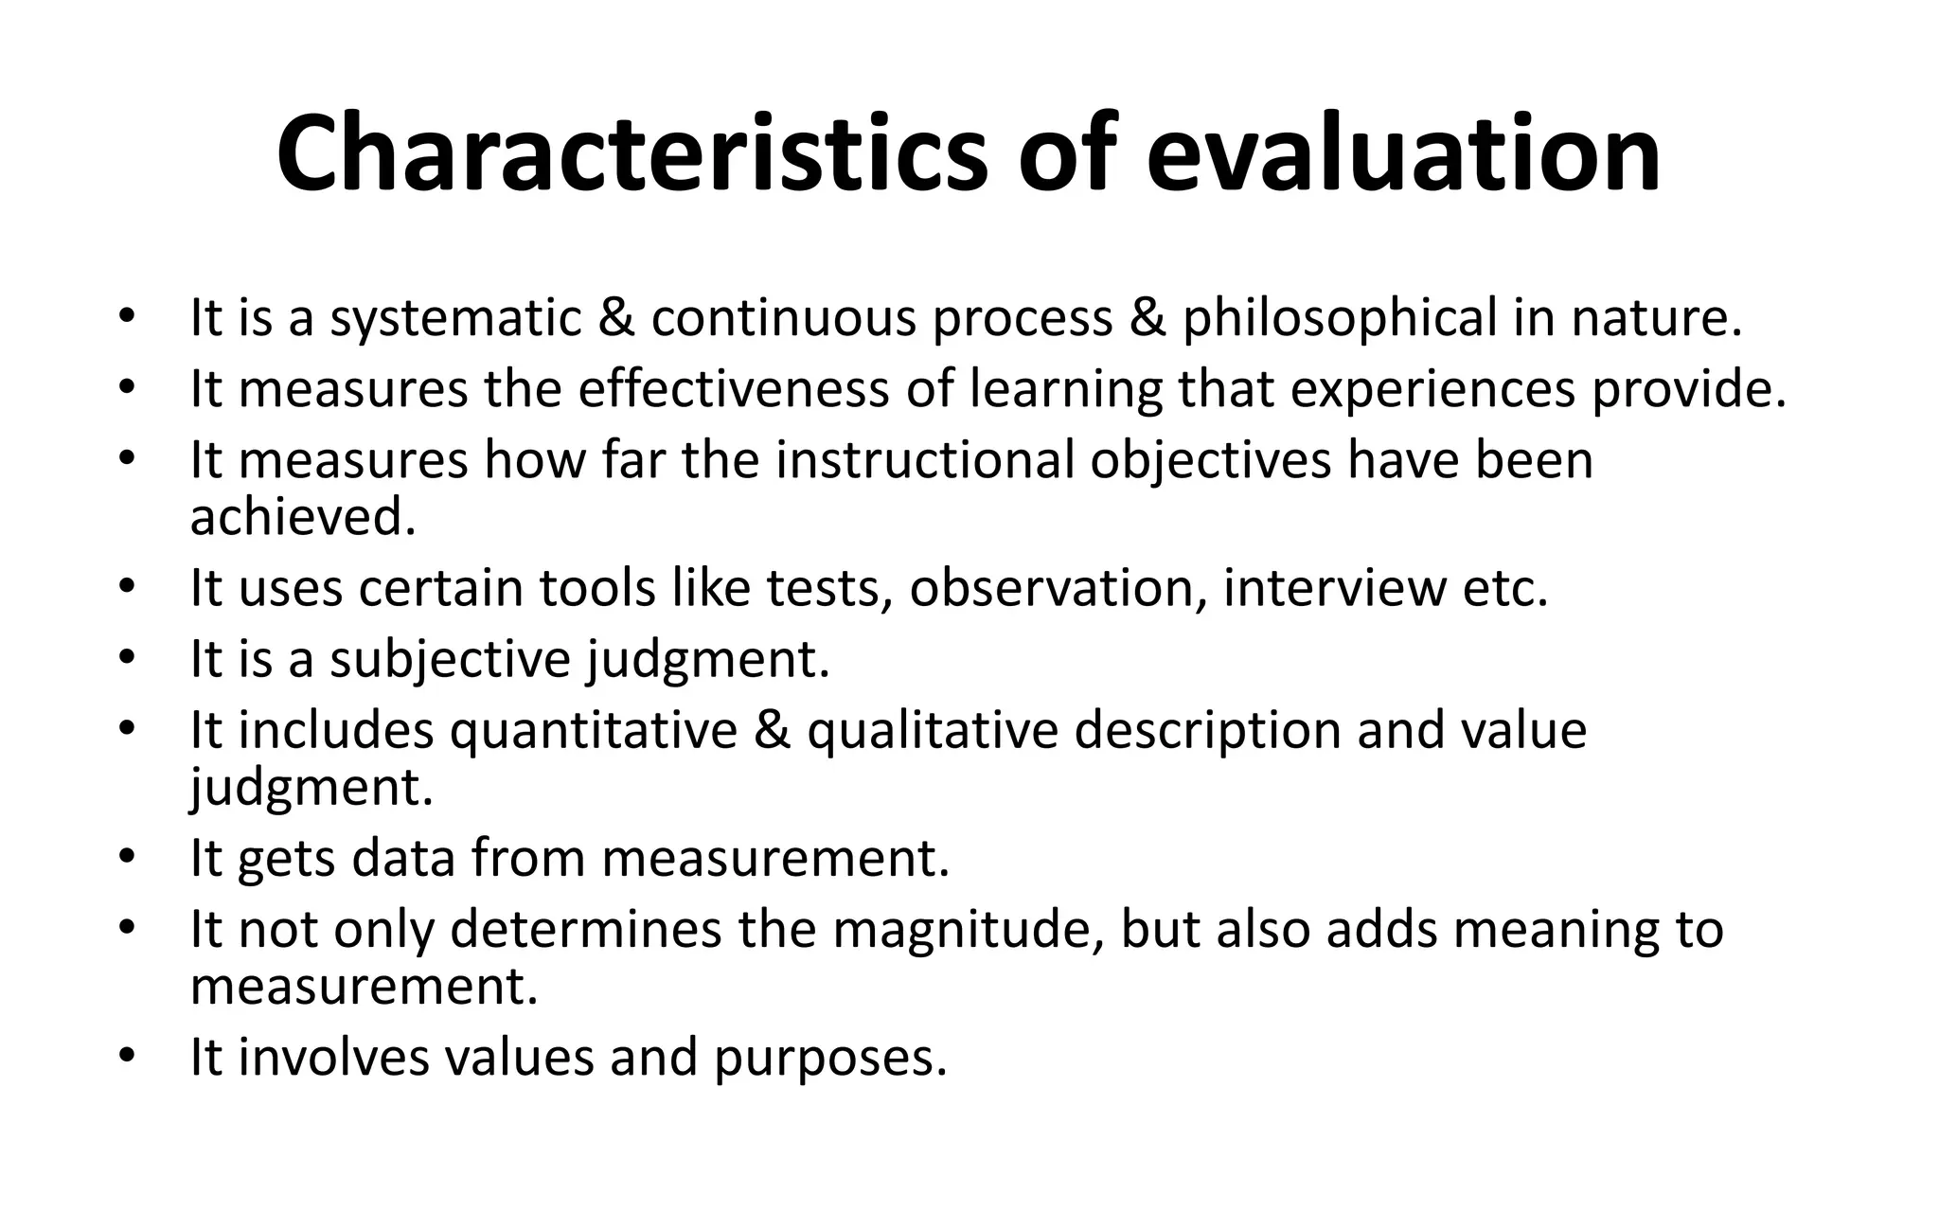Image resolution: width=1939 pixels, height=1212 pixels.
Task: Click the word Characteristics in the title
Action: (632, 154)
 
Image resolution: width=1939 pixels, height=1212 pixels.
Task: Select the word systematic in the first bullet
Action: (455, 318)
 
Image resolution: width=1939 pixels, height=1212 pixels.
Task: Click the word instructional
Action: (925, 460)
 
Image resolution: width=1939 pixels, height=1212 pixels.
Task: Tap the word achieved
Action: (303, 517)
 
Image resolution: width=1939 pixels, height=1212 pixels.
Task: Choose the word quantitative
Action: (594, 730)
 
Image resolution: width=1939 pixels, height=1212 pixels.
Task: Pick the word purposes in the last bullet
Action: (830, 1057)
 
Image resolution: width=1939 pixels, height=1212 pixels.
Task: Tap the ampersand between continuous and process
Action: (617, 318)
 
